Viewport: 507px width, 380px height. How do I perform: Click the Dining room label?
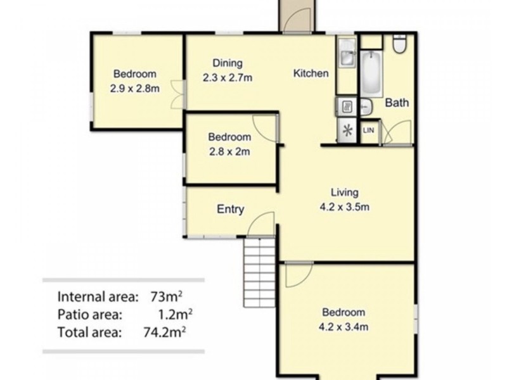(x=228, y=63)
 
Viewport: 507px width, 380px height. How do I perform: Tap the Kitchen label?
(x=311, y=73)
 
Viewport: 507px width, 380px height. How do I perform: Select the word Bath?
(x=397, y=103)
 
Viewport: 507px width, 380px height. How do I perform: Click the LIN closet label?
(x=369, y=130)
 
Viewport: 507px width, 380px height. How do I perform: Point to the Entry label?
(x=230, y=209)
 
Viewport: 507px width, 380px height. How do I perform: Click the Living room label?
(x=344, y=193)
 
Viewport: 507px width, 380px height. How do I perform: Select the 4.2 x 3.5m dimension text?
(x=344, y=207)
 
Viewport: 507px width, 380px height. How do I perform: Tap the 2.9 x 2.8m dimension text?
(x=134, y=89)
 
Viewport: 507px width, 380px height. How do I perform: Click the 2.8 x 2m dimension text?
(x=229, y=151)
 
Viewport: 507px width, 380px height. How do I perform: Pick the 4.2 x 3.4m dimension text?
(x=343, y=327)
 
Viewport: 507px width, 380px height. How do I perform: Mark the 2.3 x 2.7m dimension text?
(x=228, y=78)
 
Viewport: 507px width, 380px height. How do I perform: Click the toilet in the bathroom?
(x=400, y=43)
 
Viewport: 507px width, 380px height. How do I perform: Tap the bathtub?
(x=371, y=73)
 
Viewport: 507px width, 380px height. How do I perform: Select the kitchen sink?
(x=347, y=53)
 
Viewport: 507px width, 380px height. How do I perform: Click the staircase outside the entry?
(x=259, y=272)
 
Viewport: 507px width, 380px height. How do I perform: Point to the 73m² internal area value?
(x=166, y=296)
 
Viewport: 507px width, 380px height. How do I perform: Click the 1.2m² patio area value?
(x=176, y=314)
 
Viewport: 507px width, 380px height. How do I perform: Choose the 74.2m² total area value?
(x=165, y=332)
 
